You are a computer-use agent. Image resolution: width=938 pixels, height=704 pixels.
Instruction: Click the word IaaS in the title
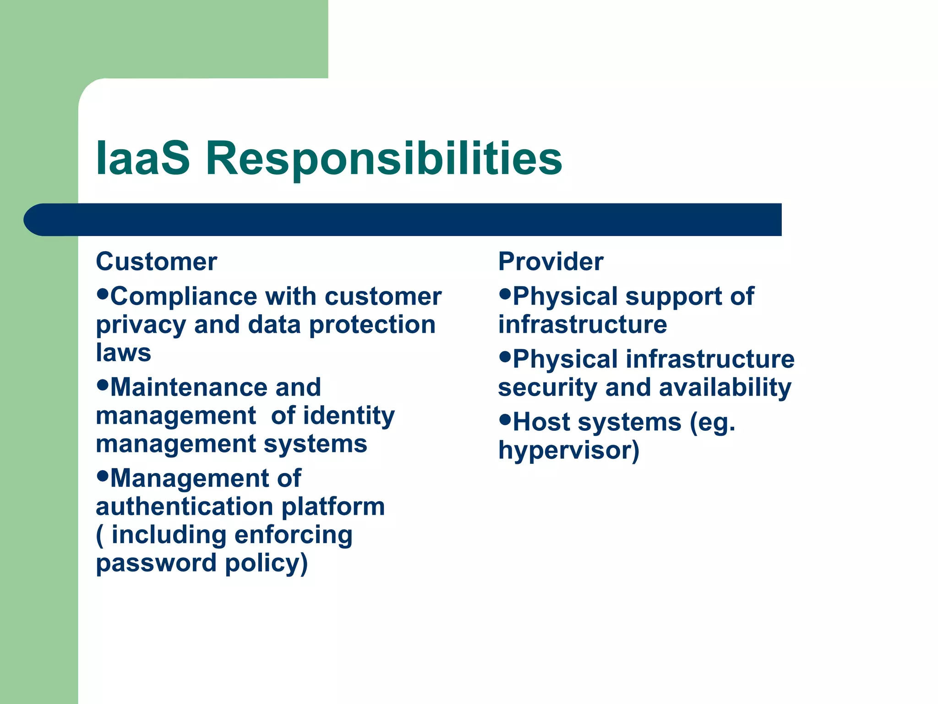[x=142, y=158]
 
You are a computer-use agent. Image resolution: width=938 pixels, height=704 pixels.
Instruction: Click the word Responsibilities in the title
[x=384, y=159]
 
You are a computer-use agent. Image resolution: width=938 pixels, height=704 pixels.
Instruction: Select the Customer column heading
[x=156, y=262]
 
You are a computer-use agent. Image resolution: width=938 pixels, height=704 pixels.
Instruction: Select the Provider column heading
[x=551, y=262]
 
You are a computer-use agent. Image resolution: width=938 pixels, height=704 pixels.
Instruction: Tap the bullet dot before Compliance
[x=103, y=293]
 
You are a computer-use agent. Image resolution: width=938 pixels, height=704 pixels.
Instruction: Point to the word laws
[x=123, y=352]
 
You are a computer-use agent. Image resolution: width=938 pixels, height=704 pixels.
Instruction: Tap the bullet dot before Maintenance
[x=103, y=384]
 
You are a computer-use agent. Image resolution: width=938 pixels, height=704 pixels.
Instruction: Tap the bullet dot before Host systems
[x=505, y=419]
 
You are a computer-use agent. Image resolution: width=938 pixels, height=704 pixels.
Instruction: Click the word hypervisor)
[x=568, y=451]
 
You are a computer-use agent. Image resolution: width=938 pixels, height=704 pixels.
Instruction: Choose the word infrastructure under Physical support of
[x=582, y=324]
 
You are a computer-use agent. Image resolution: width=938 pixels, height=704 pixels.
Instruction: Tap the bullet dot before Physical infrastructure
[x=505, y=356]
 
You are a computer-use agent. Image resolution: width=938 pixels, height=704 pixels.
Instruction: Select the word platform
[x=333, y=507]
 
